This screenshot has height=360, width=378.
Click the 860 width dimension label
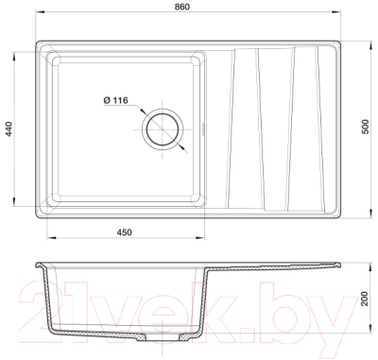pos(182,7)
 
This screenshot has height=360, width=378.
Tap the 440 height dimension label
pos(9,129)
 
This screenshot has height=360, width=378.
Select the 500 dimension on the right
pos(365,127)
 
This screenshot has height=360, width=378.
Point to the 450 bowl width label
pos(125,232)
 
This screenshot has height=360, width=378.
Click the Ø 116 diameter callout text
pos(115,100)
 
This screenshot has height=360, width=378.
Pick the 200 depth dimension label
pos(365,299)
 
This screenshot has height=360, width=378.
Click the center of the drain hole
pos(163,129)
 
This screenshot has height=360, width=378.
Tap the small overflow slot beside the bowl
pos(203,129)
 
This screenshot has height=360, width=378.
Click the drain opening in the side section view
pos(163,338)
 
